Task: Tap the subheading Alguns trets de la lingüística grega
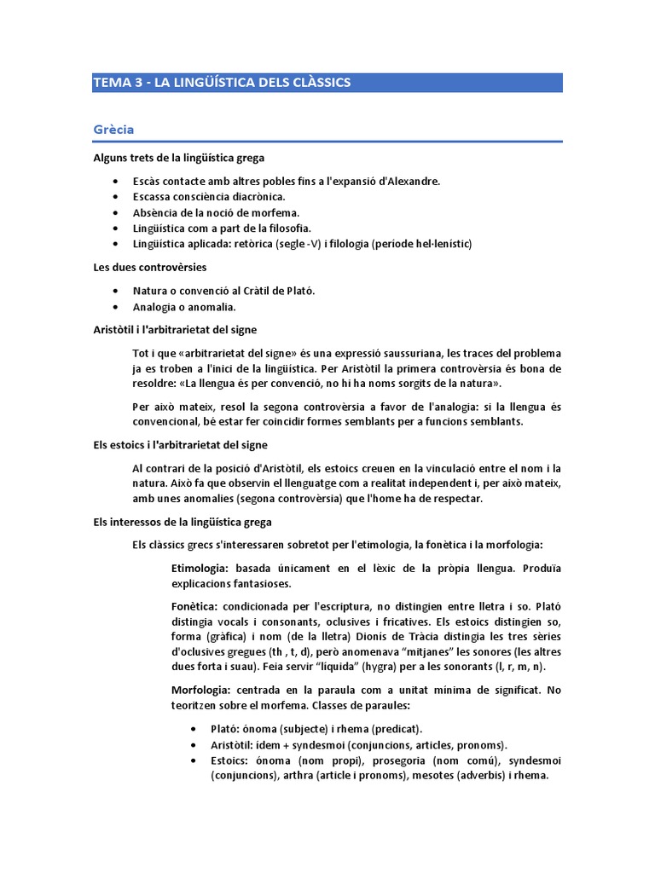click(x=179, y=159)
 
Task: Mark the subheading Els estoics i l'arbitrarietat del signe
click(x=180, y=445)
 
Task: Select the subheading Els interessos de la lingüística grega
click(x=182, y=522)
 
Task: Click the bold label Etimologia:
click(x=200, y=568)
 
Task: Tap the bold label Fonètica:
click(x=195, y=606)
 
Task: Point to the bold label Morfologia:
click(x=203, y=690)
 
